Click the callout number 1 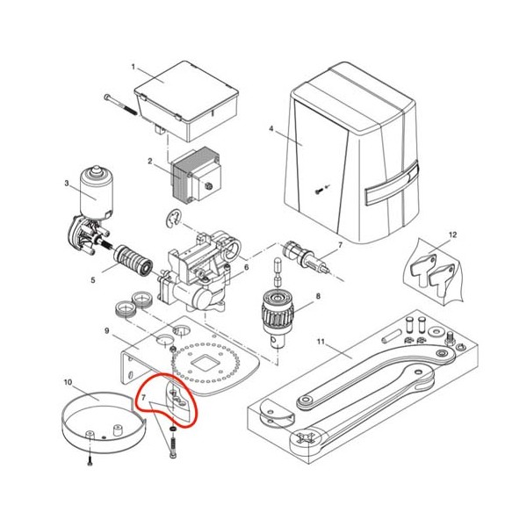pyautogui.click(x=134, y=67)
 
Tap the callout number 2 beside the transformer pyautogui.click(x=150, y=162)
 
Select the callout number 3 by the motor pyautogui.click(x=67, y=184)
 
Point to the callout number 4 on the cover pyautogui.click(x=271, y=129)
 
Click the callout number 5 pyautogui.click(x=93, y=279)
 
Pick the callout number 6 pyautogui.click(x=246, y=267)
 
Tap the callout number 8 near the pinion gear pyautogui.click(x=318, y=296)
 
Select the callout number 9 pyautogui.click(x=107, y=331)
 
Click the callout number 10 pyautogui.click(x=68, y=382)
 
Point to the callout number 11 pyautogui.click(x=321, y=342)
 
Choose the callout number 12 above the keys pyautogui.click(x=453, y=235)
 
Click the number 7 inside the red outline pyautogui.click(x=143, y=398)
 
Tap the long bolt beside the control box pyautogui.click(x=120, y=105)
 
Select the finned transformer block pyautogui.click(x=196, y=175)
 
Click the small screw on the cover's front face pyautogui.click(x=319, y=191)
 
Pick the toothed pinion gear pyautogui.click(x=278, y=312)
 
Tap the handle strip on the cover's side pyautogui.click(x=392, y=184)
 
